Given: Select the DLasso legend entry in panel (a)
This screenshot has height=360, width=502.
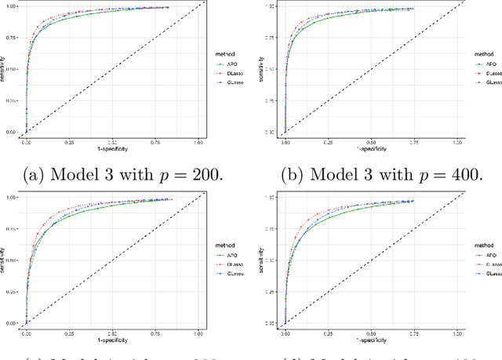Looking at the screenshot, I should click(234, 72).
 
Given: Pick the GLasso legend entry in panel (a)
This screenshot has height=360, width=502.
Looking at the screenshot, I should click(234, 81).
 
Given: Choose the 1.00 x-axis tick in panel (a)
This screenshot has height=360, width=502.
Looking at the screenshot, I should click(198, 142).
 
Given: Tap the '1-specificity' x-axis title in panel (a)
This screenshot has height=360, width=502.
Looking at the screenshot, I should click(112, 148).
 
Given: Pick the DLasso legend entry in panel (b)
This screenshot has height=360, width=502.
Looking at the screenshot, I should click(488, 71).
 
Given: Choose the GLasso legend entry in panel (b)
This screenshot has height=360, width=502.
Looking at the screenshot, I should click(488, 81).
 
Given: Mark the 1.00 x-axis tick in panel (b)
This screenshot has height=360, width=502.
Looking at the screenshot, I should click(457, 142).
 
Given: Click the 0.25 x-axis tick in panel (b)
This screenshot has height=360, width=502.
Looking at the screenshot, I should click(327, 142).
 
